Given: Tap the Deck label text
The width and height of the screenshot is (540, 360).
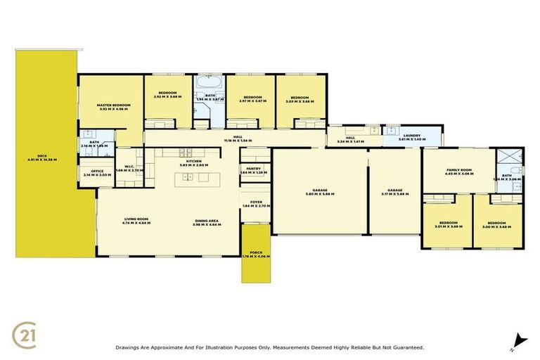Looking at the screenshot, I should click(47, 157).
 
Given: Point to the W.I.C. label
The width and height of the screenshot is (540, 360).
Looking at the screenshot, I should click(129, 168).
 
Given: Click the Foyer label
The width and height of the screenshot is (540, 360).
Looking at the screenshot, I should click(256, 203).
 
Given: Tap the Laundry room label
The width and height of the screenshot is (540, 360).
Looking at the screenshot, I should click(411, 137).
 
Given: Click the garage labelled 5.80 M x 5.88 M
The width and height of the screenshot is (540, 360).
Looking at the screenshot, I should click(320, 191).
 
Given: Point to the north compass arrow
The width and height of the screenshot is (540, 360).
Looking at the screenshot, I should click(518, 339).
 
